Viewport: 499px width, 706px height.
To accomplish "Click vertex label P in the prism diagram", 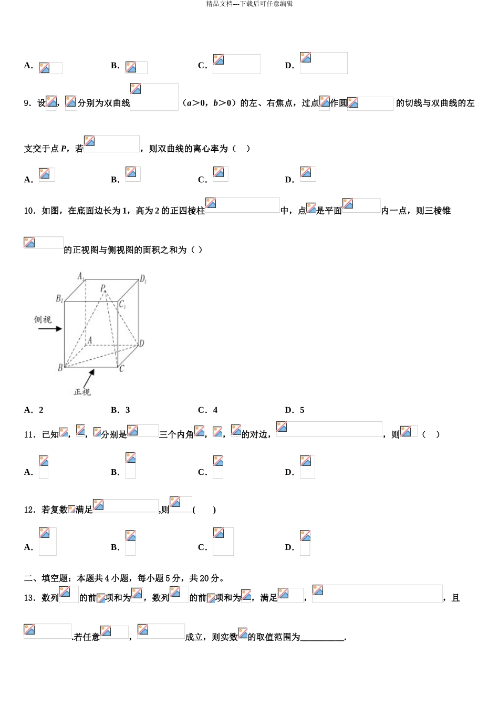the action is click(x=103, y=288).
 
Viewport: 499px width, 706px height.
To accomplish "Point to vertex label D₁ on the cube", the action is click(x=143, y=279).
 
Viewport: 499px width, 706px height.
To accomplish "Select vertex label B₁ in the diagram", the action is click(x=59, y=299).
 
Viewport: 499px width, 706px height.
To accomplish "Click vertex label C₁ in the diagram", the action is click(x=122, y=304).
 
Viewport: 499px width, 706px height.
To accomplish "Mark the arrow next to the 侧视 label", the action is click(x=50, y=329).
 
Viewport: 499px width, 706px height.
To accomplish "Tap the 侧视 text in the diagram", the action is click(x=43, y=319).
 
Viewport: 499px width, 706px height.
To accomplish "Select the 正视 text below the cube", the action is click(x=82, y=392).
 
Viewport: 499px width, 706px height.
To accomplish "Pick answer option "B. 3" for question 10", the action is click(x=120, y=410).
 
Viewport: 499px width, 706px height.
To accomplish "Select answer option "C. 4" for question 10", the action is click(x=207, y=410).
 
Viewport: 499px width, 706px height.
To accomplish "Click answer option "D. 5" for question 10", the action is click(x=295, y=410).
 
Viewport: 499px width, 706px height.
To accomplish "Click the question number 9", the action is click(x=27, y=103).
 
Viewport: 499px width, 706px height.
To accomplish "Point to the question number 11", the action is click(x=29, y=434).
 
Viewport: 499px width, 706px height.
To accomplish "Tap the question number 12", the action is click(x=29, y=510).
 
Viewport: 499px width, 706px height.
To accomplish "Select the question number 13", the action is click(x=29, y=598).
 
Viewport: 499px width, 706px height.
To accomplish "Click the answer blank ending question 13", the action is click(x=322, y=638).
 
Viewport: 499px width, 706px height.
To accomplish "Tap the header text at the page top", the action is click(x=250, y=4).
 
